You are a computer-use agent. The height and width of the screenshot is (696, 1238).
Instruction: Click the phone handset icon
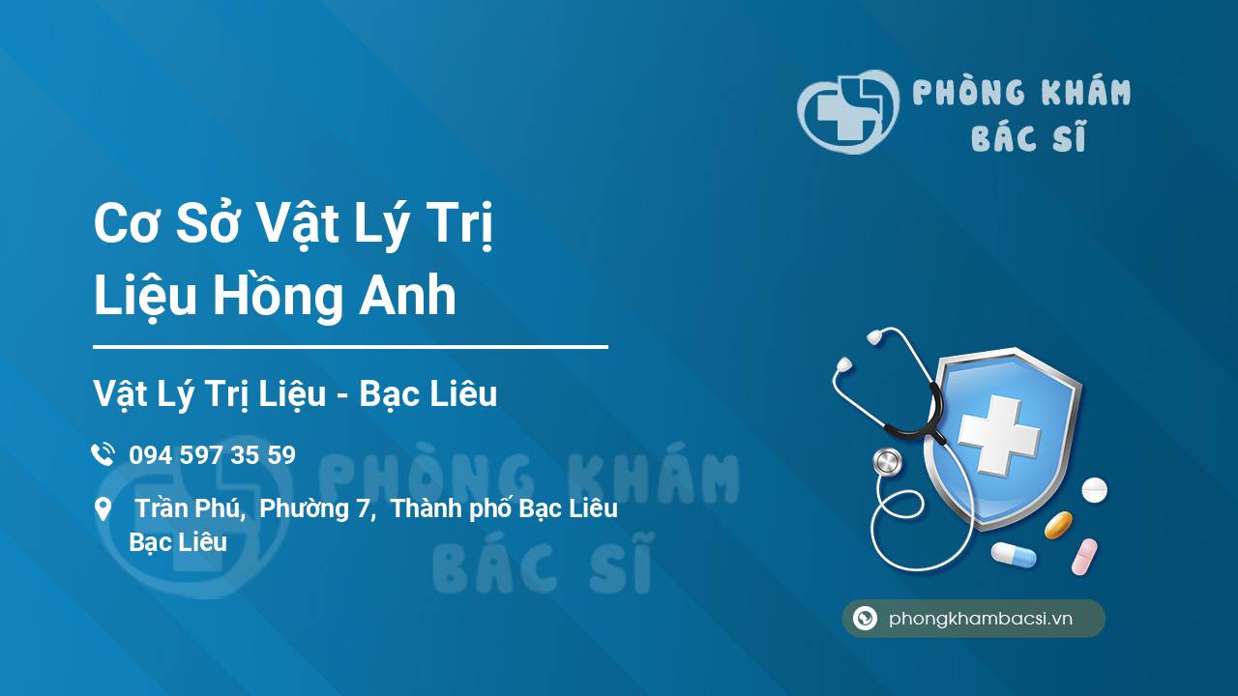(x=103, y=454)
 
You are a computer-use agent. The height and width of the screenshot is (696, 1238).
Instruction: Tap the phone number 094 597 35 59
(x=212, y=455)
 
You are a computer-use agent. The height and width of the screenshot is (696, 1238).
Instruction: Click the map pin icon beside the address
(x=103, y=509)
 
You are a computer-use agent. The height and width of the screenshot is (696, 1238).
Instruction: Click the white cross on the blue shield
(x=999, y=435)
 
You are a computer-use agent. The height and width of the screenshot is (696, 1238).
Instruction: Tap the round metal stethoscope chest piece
(x=887, y=462)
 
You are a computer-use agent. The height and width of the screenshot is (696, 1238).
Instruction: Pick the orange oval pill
(x=1058, y=525)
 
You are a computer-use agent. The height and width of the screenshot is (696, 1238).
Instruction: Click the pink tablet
(x=1084, y=557)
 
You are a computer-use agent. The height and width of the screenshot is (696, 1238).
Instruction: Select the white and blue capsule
(x=1014, y=555)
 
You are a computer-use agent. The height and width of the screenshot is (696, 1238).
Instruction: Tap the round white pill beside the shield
(x=1094, y=490)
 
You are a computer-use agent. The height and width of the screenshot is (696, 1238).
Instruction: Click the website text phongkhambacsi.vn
(x=981, y=619)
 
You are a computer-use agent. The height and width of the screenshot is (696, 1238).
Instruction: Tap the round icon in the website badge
(x=865, y=618)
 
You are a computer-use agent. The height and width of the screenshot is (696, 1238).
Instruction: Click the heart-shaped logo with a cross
(x=848, y=111)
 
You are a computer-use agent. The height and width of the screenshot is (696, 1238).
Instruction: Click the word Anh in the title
(x=408, y=296)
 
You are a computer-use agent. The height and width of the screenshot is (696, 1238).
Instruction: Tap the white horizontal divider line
(x=350, y=347)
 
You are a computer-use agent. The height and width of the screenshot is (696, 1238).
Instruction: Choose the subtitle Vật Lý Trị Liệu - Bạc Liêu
(x=295, y=393)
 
